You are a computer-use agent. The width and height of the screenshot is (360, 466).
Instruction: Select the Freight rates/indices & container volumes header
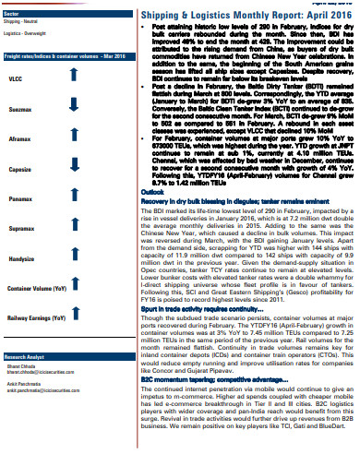57,57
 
